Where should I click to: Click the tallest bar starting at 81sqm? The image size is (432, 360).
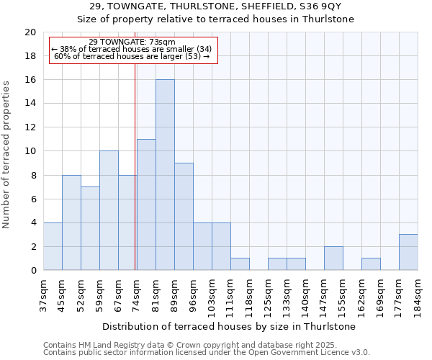(x=165, y=175)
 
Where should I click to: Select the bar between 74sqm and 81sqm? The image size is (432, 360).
(x=146, y=204)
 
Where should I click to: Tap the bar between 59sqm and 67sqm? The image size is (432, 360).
(x=109, y=210)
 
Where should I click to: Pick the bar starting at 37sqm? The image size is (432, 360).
(x=53, y=246)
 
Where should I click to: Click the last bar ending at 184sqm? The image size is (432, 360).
(x=408, y=252)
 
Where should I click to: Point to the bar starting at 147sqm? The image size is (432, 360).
(x=333, y=258)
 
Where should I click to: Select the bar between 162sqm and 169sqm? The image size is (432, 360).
(x=371, y=264)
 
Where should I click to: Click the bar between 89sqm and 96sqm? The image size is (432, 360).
(x=184, y=217)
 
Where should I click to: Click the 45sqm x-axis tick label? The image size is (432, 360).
(x=62, y=294)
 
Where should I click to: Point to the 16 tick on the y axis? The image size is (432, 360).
(x=30, y=80)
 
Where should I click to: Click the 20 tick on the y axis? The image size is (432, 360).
(x=30, y=32)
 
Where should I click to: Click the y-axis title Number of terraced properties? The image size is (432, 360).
(x=7, y=155)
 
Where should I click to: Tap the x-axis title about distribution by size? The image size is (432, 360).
(x=230, y=326)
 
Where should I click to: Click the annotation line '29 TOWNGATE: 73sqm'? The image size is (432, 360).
(x=132, y=42)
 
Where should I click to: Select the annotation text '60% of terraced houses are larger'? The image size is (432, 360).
(x=132, y=56)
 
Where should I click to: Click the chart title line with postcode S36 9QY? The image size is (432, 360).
(x=215, y=6)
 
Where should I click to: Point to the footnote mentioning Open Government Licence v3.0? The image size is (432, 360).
(x=207, y=352)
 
